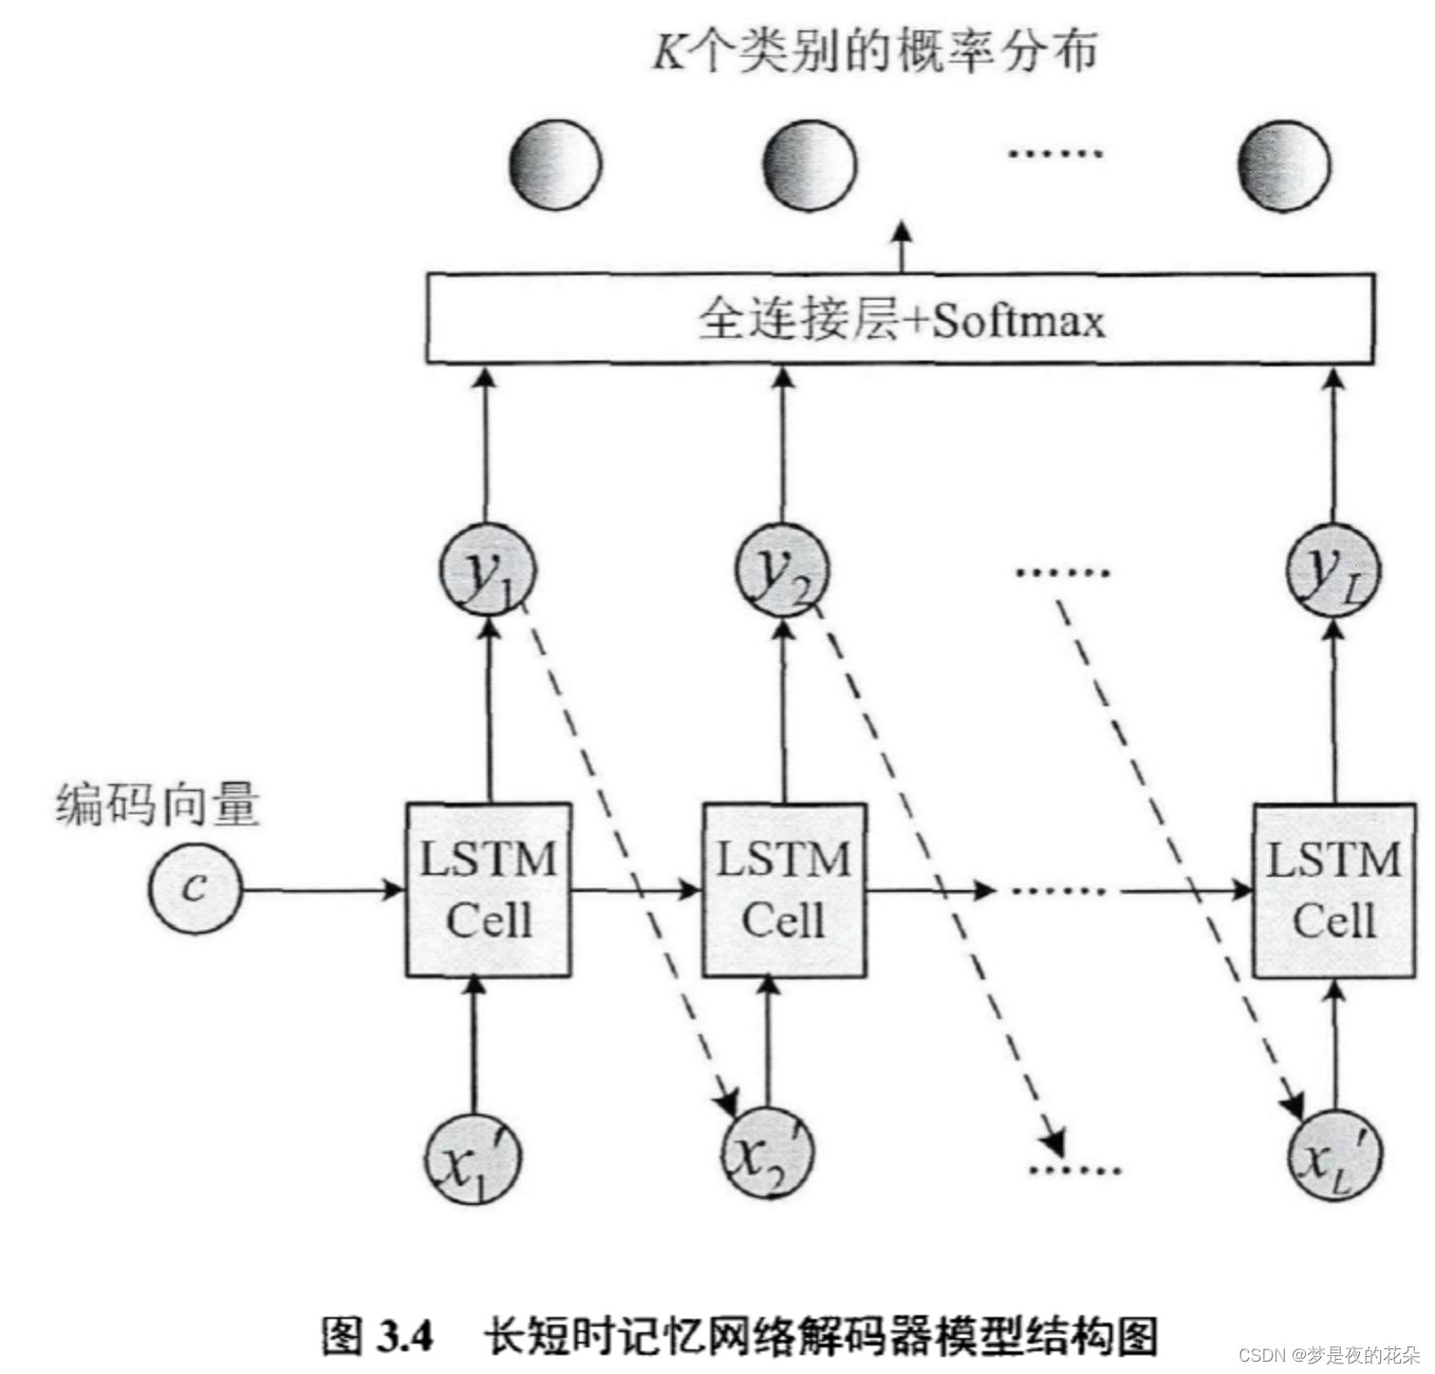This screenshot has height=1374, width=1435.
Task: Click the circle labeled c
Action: (x=195, y=889)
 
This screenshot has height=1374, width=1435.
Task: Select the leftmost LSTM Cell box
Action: (x=489, y=890)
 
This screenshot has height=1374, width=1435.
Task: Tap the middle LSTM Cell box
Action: (x=784, y=890)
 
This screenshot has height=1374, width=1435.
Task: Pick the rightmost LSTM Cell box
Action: (x=1334, y=890)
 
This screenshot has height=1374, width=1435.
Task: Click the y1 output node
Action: (x=488, y=571)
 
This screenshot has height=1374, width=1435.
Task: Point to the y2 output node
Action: (x=782, y=571)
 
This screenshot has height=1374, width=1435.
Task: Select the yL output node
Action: (x=1333, y=571)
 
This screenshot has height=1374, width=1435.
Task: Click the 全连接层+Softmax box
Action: (x=900, y=319)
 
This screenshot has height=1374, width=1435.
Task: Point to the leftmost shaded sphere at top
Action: (x=555, y=164)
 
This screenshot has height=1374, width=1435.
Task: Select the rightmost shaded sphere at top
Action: (x=1283, y=165)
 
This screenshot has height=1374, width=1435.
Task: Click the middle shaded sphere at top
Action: (x=810, y=165)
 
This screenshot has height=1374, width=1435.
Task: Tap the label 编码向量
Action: (x=158, y=805)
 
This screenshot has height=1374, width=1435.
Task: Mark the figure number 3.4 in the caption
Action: (x=404, y=1336)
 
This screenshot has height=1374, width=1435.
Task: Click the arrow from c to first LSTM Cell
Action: (x=323, y=890)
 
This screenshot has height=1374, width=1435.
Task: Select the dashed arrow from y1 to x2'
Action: (x=626, y=854)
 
